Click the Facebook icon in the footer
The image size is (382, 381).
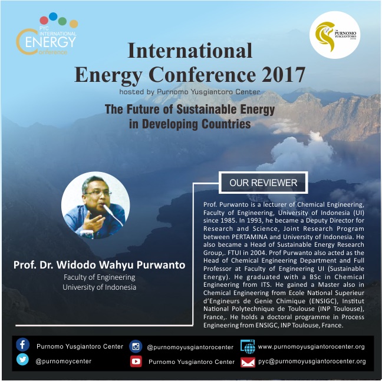[x=22, y=344]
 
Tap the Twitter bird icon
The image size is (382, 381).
[x=22, y=360]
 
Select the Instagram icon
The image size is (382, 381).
[x=136, y=346]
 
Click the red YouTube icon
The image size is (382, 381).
[x=136, y=362]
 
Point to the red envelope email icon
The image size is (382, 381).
[x=248, y=362]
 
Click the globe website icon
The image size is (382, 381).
[x=248, y=346]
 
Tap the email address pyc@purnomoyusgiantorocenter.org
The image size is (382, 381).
[x=312, y=362]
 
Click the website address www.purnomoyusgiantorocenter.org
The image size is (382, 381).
[x=311, y=347]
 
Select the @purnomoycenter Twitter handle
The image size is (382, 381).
[x=63, y=362]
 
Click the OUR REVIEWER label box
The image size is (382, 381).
[x=264, y=183]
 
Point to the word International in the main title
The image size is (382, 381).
[x=190, y=51]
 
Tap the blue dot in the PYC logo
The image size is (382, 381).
[x=53, y=16]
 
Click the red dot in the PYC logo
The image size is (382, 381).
[x=44, y=21]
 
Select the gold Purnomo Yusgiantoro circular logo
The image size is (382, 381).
[x=335, y=35]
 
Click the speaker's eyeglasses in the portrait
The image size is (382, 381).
[x=98, y=193]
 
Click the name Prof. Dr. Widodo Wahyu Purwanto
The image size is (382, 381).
[x=100, y=265]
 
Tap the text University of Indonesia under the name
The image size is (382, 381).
[x=100, y=287]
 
